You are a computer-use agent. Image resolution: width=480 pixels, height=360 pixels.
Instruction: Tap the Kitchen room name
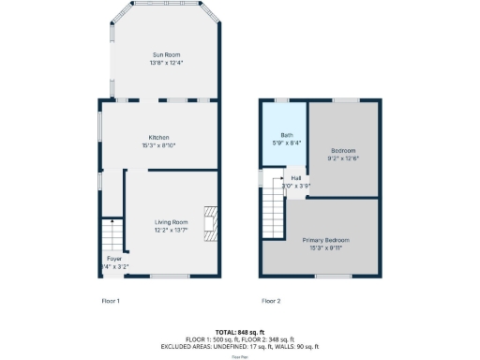tap(157, 137)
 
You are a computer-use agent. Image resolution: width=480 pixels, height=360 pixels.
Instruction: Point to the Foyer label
tap(113, 258)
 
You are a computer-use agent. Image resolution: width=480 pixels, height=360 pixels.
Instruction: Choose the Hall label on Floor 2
tap(296, 178)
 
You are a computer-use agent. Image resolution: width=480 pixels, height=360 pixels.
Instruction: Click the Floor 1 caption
tap(112, 301)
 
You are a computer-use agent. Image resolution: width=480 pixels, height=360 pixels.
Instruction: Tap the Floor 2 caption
tap(271, 301)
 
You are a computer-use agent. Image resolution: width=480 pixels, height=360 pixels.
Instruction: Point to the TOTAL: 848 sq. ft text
tap(240, 332)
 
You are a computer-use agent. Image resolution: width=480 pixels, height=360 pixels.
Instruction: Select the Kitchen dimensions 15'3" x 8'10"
tap(157, 145)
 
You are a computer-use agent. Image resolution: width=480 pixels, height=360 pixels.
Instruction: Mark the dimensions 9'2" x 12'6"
tap(344, 158)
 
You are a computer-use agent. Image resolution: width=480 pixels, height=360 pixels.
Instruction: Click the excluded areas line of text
tap(240, 345)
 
